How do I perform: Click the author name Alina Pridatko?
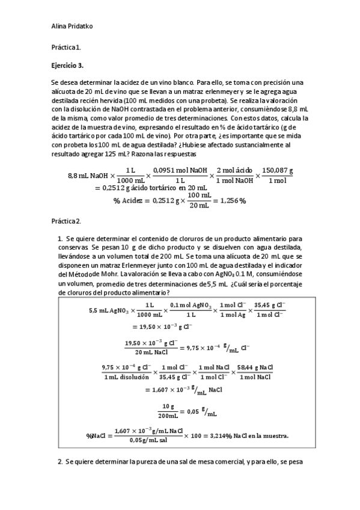[72, 26]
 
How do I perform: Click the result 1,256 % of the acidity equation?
[230, 200]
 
